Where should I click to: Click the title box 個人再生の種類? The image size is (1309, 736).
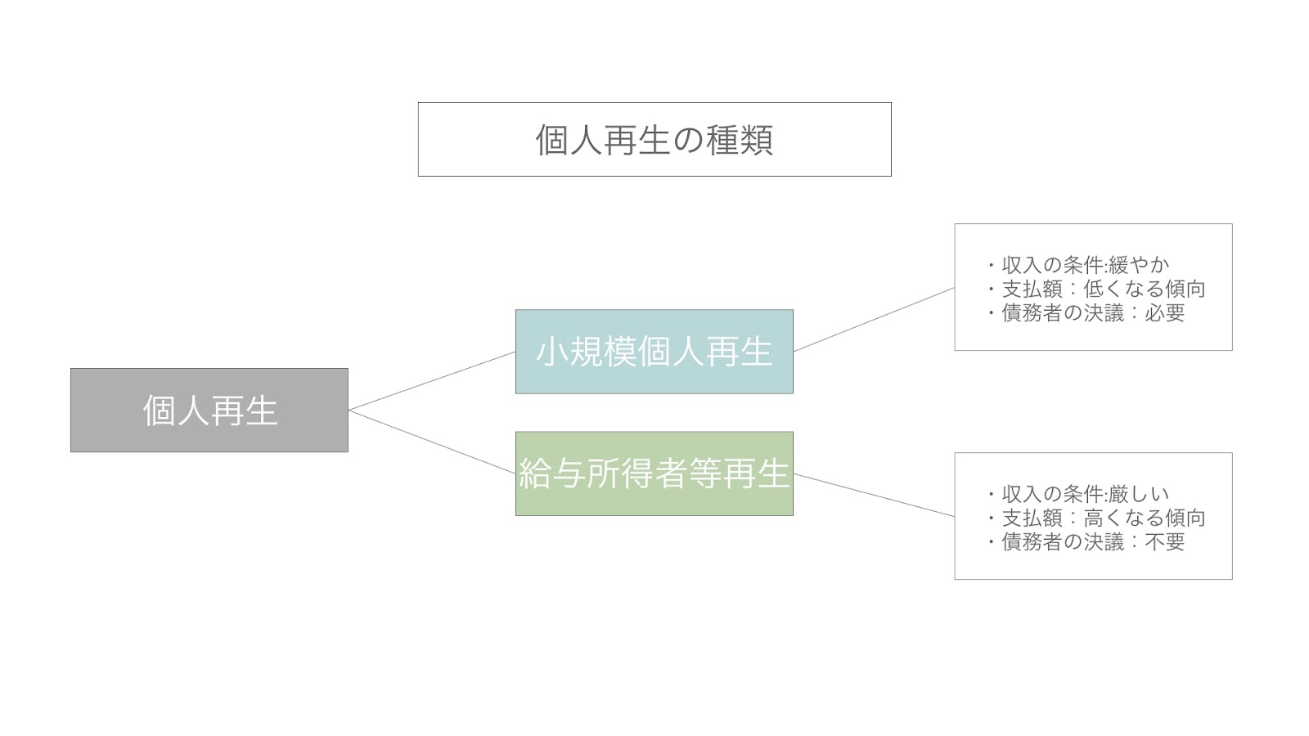click(x=654, y=140)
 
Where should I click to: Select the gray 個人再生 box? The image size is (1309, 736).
click(x=209, y=410)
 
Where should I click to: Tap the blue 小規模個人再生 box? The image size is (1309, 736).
click(x=654, y=352)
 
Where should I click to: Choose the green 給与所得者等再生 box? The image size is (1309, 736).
click(x=654, y=473)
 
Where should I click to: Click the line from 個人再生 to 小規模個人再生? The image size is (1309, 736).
click(x=432, y=381)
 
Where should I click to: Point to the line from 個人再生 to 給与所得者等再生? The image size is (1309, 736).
click(x=432, y=442)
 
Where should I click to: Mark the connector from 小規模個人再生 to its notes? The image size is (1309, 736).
click(x=875, y=320)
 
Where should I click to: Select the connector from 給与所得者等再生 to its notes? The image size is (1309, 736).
click(x=875, y=496)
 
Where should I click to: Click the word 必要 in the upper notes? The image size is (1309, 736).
click(x=1165, y=313)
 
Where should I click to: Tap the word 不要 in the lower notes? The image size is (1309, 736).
click(x=1165, y=542)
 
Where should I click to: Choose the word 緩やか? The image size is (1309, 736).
click(x=1139, y=265)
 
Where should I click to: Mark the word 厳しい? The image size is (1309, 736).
click(x=1139, y=494)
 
